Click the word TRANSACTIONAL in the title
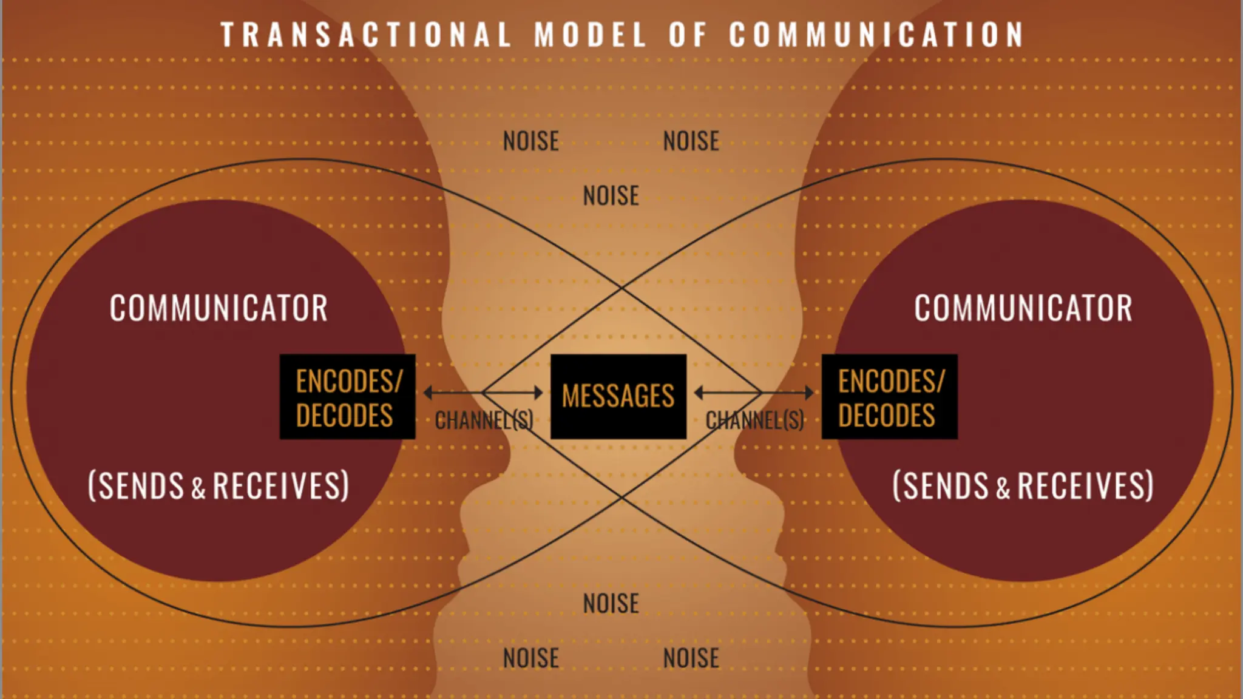[366, 35]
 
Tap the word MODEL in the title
[590, 35]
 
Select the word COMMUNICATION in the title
[877, 35]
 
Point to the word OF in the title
[688, 35]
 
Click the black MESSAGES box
[618, 396]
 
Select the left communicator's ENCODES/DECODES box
[347, 397]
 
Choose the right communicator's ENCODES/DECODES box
[890, 397]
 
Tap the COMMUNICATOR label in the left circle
[218, 308]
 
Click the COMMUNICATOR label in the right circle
[1023, 308]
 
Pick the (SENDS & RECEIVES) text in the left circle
[218, 485]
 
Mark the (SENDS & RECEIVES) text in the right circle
[1023, 485]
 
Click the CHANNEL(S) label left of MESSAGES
[484, 420]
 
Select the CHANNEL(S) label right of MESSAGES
[755, 420]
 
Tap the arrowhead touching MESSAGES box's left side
[539, 393]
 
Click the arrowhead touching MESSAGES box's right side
[698, 393]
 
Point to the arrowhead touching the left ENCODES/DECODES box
[427, 393]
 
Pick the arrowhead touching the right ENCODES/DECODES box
[810, 393]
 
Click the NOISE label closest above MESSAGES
[611, 196]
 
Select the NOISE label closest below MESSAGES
[611, 604]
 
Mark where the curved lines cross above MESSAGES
[621, 288]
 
